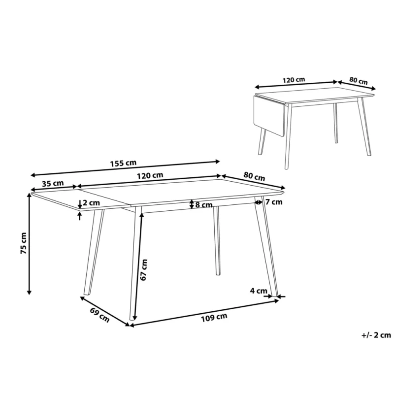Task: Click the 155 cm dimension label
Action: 124,163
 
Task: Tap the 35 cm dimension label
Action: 53,183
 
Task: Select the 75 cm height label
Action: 24,243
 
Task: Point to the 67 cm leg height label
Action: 144,270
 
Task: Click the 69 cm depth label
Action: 100,315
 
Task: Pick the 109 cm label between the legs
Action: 214,317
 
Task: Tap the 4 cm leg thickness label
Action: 258,291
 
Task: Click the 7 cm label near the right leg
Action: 274,202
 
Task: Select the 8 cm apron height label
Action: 204,205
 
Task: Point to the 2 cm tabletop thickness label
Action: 91,202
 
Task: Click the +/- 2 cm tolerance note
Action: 376,335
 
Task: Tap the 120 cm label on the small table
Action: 294,80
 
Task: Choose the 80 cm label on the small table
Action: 359,81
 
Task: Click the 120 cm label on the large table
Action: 150,175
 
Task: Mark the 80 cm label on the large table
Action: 254,176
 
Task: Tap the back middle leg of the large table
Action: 217,240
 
